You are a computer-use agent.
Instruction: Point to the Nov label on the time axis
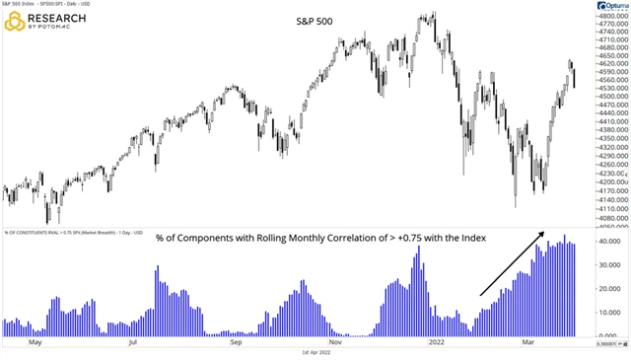334,346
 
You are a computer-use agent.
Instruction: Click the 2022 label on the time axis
433,346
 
